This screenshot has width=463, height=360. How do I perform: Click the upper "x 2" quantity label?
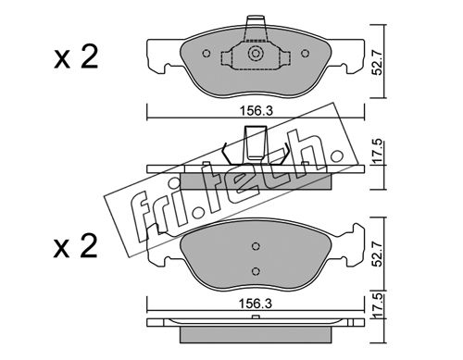click(76, 57)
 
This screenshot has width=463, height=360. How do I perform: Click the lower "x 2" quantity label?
click(76, 246)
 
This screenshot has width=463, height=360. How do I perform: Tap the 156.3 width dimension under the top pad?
click(257, 111)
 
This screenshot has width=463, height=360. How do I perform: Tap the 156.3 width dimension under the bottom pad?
click(256, 304)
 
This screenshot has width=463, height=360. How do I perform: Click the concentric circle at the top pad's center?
click(256, 54)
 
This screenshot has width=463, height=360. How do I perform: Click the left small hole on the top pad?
click(206, 54)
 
